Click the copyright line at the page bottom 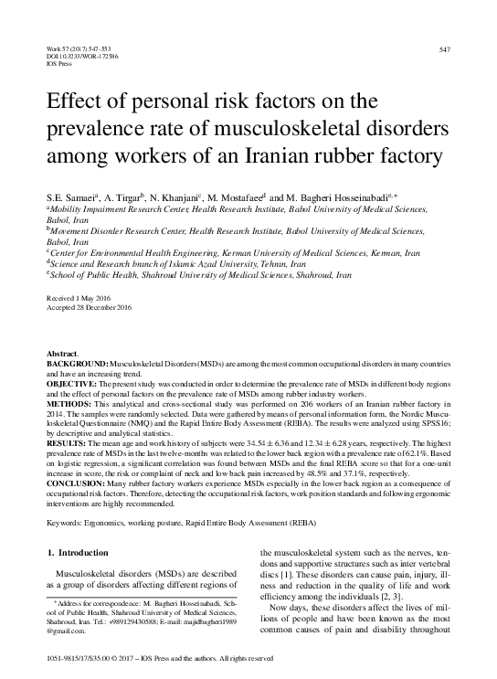tap(160, 658)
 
